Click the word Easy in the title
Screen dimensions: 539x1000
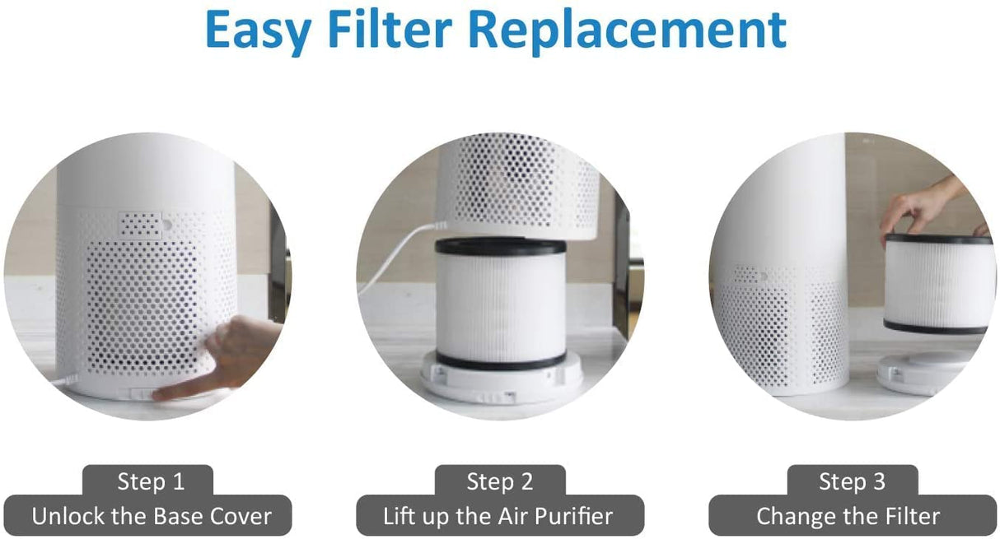click(258, 30)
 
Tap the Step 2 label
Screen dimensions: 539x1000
click(500, 481)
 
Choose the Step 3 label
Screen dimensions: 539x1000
click(852, 481)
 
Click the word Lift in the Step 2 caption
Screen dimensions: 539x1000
click(400, 517)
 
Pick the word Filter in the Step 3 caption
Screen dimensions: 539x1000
click(909, 517)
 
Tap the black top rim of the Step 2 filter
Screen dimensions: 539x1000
click(489, 246)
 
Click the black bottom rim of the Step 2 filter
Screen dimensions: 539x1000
click(489, 360)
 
